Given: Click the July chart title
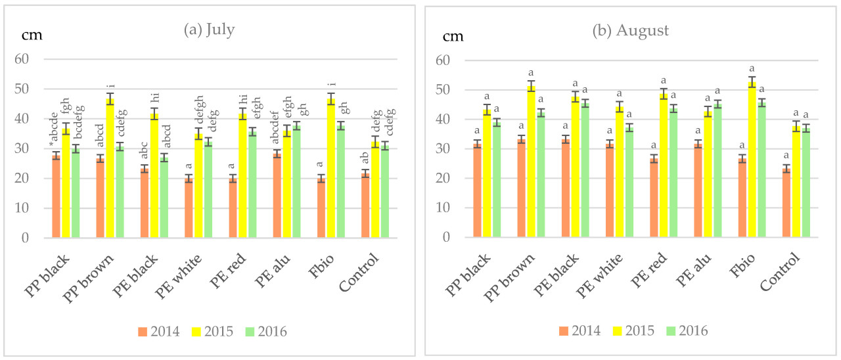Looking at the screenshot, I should (x=211, y=30).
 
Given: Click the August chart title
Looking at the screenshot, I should (x=630, y=30).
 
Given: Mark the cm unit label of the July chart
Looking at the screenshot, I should (x=32, y=35).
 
